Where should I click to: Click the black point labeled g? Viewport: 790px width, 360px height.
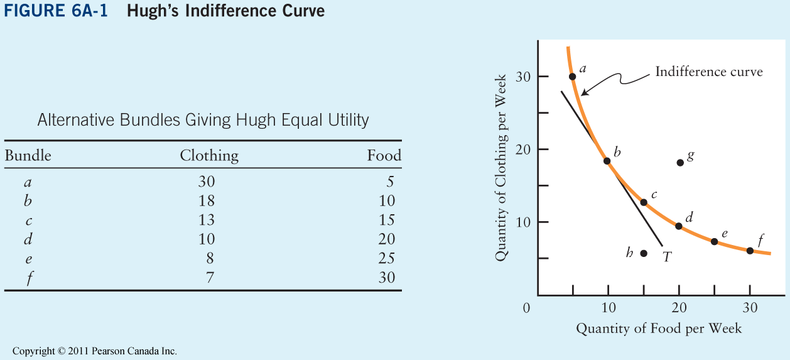click(680, 163)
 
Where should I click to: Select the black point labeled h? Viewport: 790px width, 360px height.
click(644, 253)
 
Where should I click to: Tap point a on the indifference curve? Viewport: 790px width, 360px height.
click(573, 77)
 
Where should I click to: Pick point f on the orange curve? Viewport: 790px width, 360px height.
click(750, 251)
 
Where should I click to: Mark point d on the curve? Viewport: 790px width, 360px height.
click(679, 226)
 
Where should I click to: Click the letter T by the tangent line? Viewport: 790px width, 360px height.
click(668, 256)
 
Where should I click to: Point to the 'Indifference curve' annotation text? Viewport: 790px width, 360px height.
click(709, 72)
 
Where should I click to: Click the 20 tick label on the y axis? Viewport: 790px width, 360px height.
click(524, 150)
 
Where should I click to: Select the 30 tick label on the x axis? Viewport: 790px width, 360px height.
click(750, 308)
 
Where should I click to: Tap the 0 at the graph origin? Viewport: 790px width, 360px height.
click(526, 308)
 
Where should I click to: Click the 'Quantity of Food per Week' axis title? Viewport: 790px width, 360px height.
click(659, 329)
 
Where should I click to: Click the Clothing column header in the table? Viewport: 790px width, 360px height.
click(209, 156)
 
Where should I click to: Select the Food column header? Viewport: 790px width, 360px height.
click(384, 156)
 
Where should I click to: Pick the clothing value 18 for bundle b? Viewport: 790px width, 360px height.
click(206, 201)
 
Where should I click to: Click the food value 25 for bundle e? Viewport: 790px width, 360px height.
click(387, 258)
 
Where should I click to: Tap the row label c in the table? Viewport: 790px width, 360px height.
click(28, 221)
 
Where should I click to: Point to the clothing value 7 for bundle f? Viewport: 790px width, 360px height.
click(210, 277)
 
